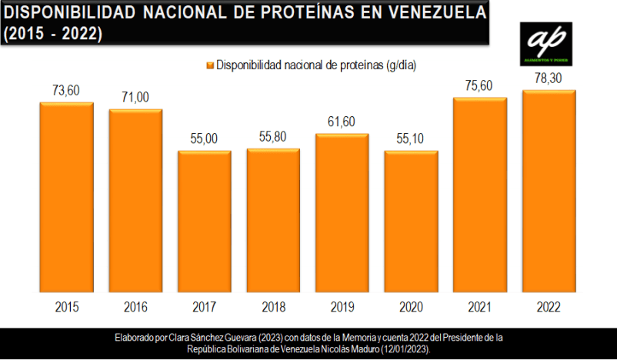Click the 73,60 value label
pyautogui.click(x=66, y=91)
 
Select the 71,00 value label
pyautogui.click(x=135, y=97)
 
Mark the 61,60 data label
pyautogui.click(x=342, y=122)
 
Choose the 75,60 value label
pyautogui.click(x=480, y=86)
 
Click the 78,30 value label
pyautogui.click(x=549, y=78)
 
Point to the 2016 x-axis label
pyautogui.click(x=135, y=308)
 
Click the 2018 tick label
pyautogui.click(x=273, y=308)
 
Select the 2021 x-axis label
pyautogui.click(x=480, y=308)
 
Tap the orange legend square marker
pyautogui.click(x=208, y=65)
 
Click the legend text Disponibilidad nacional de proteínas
pyautogui.click(x=315, y=65)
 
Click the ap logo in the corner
pyautogui.click(x=545, y=43)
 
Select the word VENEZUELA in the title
pyautogui.click(x=428, y=13)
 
